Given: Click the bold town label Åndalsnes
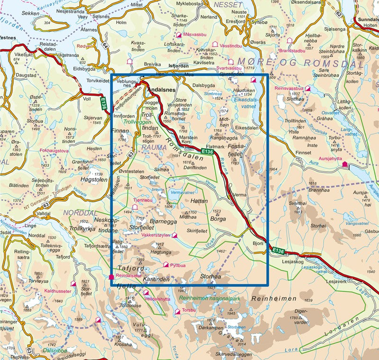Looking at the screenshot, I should pos(161,89).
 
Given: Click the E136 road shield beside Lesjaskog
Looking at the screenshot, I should pos(277,250).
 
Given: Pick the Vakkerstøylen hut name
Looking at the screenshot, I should pos(156,235).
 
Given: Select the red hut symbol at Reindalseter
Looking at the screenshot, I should pos(111,276).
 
